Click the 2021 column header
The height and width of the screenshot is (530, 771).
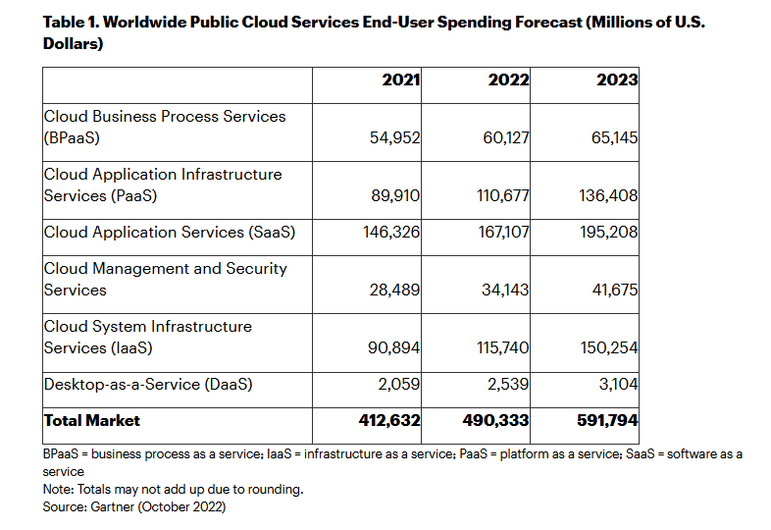(x=401, y=79)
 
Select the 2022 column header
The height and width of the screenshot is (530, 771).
(x=508, y=79)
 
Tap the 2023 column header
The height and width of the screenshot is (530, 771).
(x=617, y=79)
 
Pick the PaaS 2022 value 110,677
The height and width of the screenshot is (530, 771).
(x=501, y=195)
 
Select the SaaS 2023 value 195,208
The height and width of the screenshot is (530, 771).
(x=609, y=232)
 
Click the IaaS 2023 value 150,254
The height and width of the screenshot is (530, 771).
(x=609, y=347)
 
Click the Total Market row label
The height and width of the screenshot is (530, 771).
(x=92, y=420)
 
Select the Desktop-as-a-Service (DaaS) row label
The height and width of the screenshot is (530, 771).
(x=148, y=384)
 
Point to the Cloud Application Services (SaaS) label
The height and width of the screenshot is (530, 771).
(x=169, y=232)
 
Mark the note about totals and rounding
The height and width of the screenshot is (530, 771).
(x=173, y=489)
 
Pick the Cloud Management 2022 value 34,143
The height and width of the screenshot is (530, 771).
(x=503, y=290)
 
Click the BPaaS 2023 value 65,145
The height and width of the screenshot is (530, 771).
(x=611, y=137)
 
